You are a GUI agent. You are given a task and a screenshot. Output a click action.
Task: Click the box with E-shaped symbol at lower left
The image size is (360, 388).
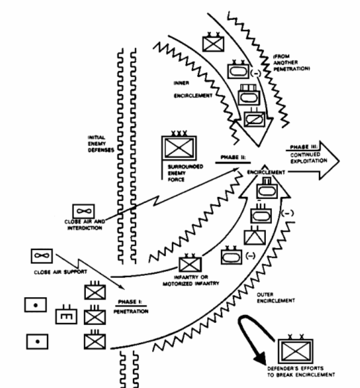point(64,316)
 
